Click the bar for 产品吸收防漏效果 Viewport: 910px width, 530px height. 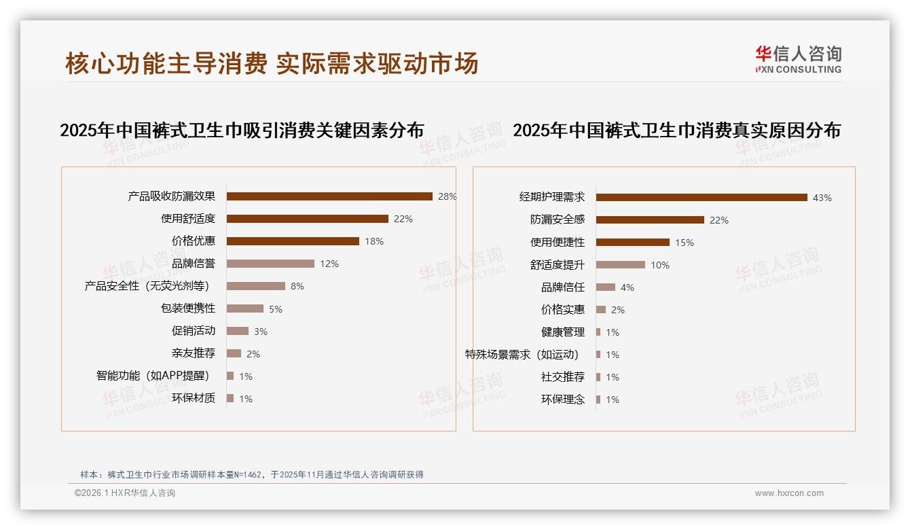329,196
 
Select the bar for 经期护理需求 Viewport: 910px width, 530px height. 702,198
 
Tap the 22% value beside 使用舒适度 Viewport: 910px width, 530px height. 403,219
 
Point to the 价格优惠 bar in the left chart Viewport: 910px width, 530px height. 293,241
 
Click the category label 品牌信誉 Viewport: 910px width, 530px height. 194,264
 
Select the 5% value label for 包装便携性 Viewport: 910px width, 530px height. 275,309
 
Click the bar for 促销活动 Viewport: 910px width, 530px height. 238,331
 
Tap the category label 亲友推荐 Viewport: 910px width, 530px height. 194,353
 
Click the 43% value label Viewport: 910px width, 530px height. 822,198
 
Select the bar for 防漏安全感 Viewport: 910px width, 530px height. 650,220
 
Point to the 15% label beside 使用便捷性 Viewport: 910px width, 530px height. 685,243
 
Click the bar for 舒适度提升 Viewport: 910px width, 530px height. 621,265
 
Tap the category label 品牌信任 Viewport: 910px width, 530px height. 563,287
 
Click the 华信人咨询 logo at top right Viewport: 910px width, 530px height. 798,59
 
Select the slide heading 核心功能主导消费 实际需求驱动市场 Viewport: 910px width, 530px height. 272,63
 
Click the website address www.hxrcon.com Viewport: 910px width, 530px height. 789,493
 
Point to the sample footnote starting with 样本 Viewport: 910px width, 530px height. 252,474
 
